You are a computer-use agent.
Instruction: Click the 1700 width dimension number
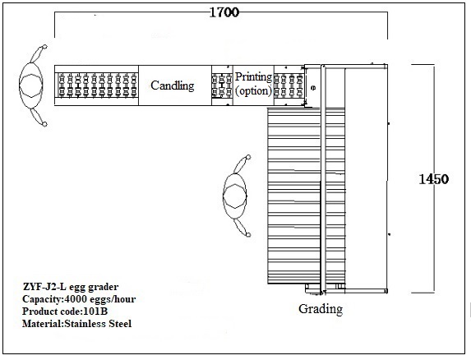tap(224, 12)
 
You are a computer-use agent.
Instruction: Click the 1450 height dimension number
tap(433, 179)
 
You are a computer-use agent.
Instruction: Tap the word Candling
tap(173, 85)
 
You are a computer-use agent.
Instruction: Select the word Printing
tap(253, 77)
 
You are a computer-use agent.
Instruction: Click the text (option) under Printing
tap(253, 90)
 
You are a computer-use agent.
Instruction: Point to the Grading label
tap(321, 309)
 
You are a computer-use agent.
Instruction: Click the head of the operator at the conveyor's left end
tap(31, 85)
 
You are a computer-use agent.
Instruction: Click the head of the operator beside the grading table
tap(235, 196)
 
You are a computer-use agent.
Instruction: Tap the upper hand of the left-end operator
tap(44, 47)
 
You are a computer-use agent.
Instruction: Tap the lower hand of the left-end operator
tap(44, 124)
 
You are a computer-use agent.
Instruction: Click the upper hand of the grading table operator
tap(248, 157)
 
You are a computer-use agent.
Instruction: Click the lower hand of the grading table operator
tap(248, 234)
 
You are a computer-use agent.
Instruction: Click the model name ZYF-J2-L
tap(44, 287)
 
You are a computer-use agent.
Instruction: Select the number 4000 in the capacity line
tap(76, 299)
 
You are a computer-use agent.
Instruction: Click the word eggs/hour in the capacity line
tap(112, 299)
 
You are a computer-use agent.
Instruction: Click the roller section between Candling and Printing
tap(222, 85)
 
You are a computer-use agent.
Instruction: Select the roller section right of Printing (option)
tap(289, 85)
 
